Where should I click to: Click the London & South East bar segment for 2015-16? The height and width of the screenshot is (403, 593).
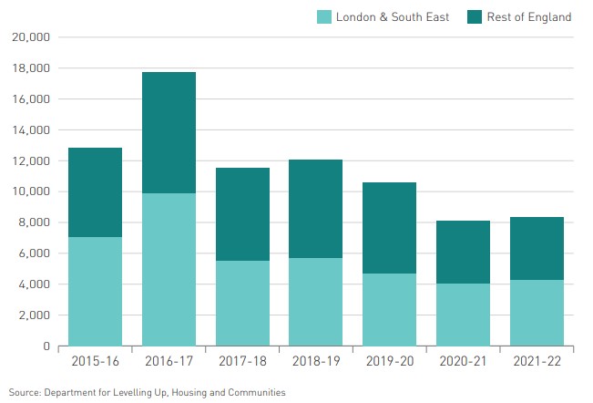95,291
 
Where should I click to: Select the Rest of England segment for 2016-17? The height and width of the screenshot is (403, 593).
169,132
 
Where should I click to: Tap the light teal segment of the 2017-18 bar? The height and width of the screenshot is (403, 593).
242,303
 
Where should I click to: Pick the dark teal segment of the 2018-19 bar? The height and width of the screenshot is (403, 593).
315,209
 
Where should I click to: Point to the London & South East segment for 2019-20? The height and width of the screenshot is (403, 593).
389,309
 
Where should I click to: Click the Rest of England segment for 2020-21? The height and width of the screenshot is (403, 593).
463,252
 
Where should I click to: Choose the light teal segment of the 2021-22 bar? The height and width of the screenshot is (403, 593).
537,313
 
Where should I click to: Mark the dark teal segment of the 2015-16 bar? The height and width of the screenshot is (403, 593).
95,192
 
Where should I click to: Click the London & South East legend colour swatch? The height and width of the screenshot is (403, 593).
323,16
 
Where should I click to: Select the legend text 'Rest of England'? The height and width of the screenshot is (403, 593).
531,16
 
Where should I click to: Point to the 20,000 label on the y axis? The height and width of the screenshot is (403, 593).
31,37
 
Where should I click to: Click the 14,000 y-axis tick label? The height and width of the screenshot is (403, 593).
31,130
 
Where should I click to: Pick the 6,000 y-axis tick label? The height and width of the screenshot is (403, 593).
34,253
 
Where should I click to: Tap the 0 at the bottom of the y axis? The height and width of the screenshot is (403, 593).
46,346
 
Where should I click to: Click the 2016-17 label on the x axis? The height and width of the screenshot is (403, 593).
169,362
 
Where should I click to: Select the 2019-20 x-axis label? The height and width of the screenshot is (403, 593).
389,362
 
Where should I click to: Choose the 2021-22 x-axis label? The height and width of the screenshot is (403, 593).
537,362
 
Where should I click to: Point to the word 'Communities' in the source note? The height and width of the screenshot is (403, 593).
257,392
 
